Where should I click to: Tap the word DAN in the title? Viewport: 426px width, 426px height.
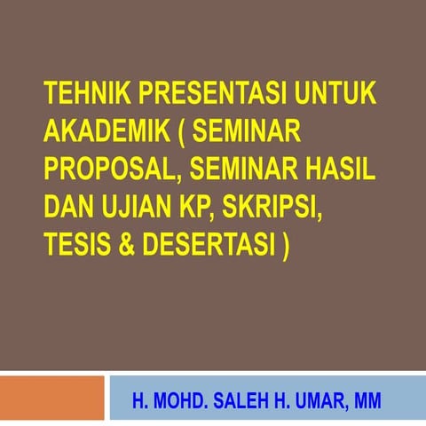pyautogui.click(x=67, y=208)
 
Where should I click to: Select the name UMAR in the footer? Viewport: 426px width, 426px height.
pyautogui.click(x=318, y=401)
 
